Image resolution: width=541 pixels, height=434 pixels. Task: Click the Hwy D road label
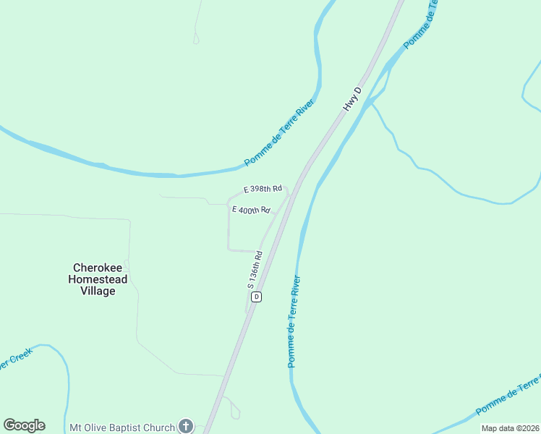tap(352, 100)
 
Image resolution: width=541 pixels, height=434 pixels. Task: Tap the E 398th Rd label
tap(263, 189)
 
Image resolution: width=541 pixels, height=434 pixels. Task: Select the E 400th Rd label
tap(250, 210)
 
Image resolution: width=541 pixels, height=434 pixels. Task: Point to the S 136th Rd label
tap(255, 270)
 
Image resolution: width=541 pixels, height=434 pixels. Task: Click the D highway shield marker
tap(256, 297)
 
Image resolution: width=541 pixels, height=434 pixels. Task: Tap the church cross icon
tap(186, 426)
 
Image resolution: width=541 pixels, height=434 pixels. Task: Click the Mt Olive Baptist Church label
tap(122, 427)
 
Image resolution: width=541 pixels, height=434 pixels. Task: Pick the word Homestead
tap(98, 279)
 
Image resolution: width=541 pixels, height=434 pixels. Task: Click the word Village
tap(98, 291)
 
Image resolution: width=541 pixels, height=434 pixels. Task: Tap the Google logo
tap(24, 425)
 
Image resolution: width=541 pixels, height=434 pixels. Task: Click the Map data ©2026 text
tap(510, 428)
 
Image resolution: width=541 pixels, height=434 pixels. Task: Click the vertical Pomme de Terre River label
tap(294, 320)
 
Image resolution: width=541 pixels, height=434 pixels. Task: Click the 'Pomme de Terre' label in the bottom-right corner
tap(508, 396)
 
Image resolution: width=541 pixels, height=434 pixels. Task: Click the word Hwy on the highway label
tap(348, 105)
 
